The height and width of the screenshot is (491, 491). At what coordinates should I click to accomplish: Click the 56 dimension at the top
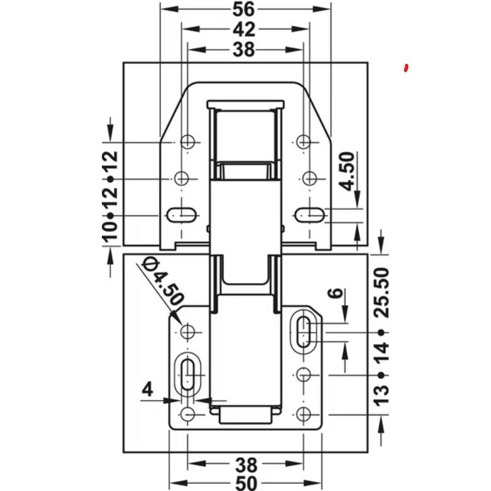[x=244, y=9]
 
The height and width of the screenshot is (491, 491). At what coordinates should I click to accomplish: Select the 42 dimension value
[x=244, y=29]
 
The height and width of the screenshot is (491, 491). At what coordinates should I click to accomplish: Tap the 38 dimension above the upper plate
[x=244, y=50]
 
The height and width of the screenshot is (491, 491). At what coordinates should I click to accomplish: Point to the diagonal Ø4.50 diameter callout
[x=161, y=281]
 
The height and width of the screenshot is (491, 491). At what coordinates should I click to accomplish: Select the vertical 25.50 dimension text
[x=382, y=292]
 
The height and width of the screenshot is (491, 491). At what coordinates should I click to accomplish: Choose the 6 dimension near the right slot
[x=351, y=293]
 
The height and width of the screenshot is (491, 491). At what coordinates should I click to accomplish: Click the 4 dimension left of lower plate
[x=147, y=389]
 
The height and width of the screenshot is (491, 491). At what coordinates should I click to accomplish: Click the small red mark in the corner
[x=405, y=68]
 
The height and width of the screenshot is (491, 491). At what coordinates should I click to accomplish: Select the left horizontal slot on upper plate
[x=181, y=215]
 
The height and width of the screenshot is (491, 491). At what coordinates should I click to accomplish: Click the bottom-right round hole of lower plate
[x=303, y=414]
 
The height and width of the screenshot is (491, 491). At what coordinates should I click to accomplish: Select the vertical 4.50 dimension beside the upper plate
[x=347, y=172]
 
